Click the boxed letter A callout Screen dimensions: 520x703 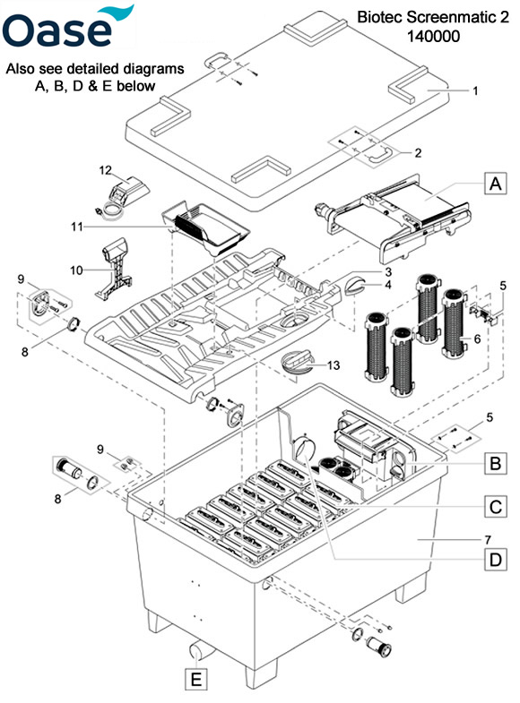(x=495, y=184)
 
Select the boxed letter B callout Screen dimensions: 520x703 (x=495, y=463)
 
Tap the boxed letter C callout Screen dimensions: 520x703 (x=495, y=507)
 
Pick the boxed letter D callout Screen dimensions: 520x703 (x=495, y=560)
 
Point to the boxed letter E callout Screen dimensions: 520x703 (x=196, y=679)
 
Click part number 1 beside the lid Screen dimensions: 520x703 (x=475, y=91)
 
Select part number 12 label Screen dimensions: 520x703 (x=105, y=170)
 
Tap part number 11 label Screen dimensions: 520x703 (x=77, y=227)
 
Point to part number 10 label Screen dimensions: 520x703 (x=76, y=270)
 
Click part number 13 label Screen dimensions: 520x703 (x=334, y=365)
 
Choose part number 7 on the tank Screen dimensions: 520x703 (x=488, y=539)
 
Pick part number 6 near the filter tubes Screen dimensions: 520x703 (x=477, y=339)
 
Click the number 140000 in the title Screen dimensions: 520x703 (x=433, y=36)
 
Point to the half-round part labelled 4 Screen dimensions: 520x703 (x=356, y=286)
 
